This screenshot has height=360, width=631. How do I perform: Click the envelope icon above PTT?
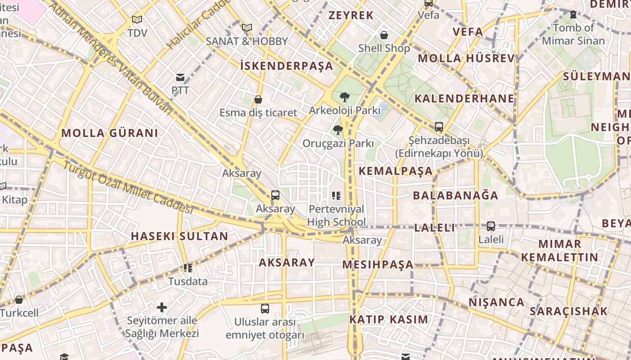pos(180,77)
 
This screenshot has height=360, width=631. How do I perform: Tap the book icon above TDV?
pos(137,20)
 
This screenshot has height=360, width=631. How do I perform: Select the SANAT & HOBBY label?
pos(247,41)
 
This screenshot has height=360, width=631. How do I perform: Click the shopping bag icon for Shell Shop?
pos(384,35)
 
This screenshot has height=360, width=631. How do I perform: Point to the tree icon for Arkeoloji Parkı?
pos(345,97)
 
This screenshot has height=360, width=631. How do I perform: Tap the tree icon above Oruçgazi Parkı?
pos(338,130)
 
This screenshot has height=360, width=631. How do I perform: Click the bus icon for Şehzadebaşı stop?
pos(439,127)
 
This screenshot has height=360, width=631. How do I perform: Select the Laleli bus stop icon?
pos(491,226)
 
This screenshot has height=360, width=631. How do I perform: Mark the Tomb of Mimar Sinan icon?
pos(573,14)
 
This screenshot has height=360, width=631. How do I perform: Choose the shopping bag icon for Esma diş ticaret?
pos(258,99)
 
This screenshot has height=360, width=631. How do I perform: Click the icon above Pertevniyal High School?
pos(336,196)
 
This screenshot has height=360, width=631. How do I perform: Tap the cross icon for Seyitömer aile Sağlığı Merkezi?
pos(162,308)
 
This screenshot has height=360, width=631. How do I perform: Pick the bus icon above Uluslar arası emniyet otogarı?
pos(265,309)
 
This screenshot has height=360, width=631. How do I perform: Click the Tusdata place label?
pos(188,282)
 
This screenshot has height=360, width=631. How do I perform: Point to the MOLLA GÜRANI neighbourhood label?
pos(110,133)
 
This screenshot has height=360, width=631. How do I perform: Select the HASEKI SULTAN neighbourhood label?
pos(179,236)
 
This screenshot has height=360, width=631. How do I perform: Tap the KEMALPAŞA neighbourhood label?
pos(396,171)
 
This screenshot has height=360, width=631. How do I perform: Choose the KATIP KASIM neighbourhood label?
pos(389,320)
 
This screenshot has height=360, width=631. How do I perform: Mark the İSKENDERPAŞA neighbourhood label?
pos(287,66)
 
